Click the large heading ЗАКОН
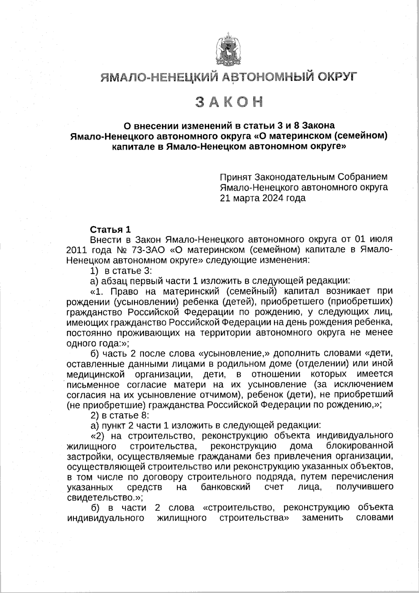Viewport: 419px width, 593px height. click(229, 102)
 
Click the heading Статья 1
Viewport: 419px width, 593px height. click(110, 230)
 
